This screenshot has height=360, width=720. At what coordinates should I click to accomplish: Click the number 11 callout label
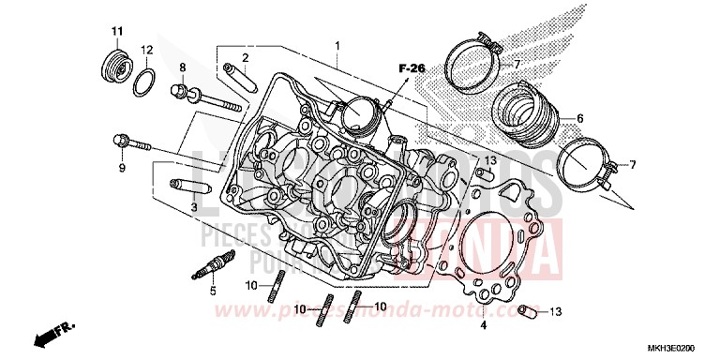tap(117, 33)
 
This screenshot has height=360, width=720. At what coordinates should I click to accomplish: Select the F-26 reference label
tap(411, 68)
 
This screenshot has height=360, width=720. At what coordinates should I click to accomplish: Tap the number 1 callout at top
tap(339, 45)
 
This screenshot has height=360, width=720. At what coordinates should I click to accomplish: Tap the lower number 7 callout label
tap(633, 165)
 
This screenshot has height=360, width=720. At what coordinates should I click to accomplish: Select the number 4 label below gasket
tap(483, 326)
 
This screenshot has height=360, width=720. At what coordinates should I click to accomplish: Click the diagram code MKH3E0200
tap(682, 346)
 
